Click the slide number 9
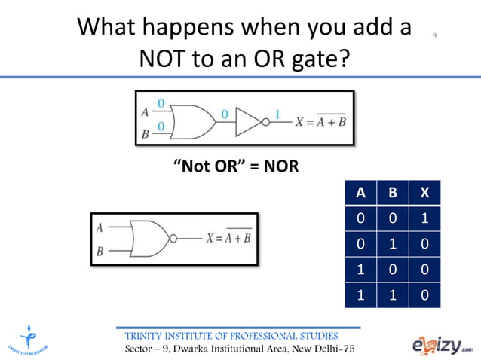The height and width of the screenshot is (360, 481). tap(435, 36)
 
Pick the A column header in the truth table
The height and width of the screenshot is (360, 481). tap(361, 192)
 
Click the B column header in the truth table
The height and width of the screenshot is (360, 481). tap(392, 192)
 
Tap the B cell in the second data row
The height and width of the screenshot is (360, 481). tap(392, 243)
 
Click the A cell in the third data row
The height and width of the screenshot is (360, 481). tap(361, 269)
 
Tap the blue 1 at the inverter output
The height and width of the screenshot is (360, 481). tap(277, 114)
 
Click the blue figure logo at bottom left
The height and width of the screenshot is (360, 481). tap(29, 338)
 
